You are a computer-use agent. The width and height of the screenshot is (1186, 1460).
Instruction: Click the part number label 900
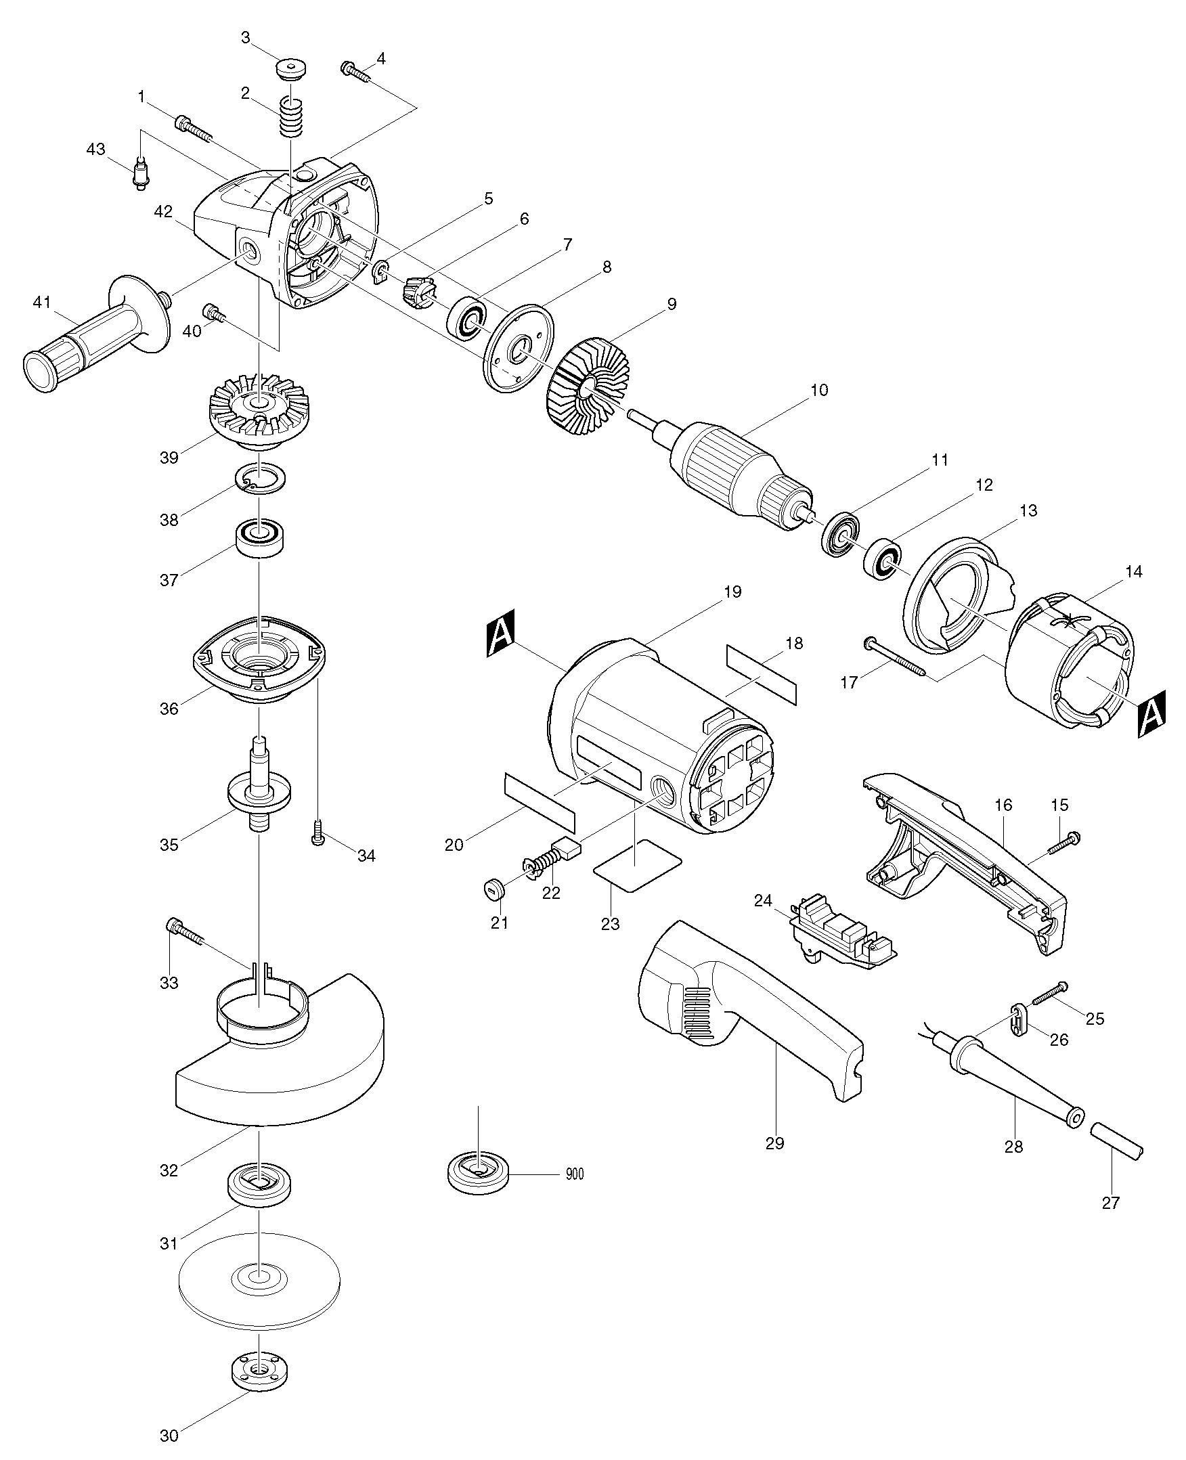575,1174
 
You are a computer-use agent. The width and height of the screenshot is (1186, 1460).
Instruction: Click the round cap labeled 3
291,70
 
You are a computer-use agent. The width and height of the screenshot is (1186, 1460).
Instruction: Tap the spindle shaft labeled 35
260,783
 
